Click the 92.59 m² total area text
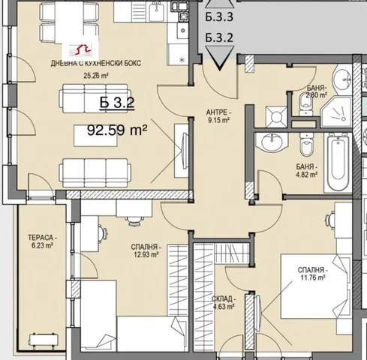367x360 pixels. pyautogui.click(x=117, y=130)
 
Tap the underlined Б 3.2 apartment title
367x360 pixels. pyautogui.click(x=117, y=103)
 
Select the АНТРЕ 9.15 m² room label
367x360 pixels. pyautogui.click(x=218, y=116)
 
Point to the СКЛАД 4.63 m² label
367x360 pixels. pyautogui.click(x=224, y=303)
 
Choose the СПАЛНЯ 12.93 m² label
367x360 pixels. pyautogui.click(x=146, y=251)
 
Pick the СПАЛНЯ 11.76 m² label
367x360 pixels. pyautogui.click(x=313, y=274)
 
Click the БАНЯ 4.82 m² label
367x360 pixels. pyautogui.click(x=307, y=170)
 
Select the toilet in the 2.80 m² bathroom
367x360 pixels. pyautogui.click(x=305, y=104)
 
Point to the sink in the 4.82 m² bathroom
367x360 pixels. pyautogui.click(x=272, y=142)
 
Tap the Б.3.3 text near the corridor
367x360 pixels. pyautogui.click(x=219, y=16)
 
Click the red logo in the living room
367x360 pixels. pyautogui.click(x=80, y=49)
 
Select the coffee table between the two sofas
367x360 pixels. pyautogui.click(x=95, y=136)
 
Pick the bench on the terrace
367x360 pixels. pyautogui.click(x=44, y=340)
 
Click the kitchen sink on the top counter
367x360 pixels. pyautogui.click(x=157, y=10)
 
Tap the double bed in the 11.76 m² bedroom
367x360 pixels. pyautogui.click(x=316, y=286)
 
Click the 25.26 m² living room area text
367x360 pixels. pyautogui.click(x=96, y=75)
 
